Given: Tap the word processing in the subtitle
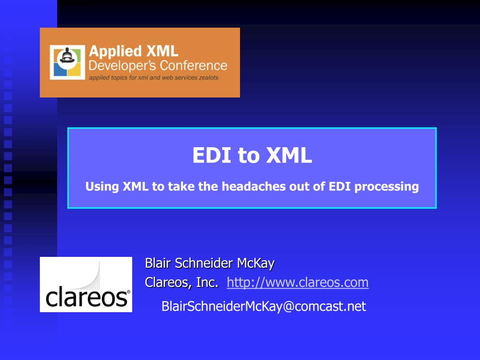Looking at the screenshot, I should coord(386,187).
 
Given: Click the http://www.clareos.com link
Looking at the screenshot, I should coord(298,283).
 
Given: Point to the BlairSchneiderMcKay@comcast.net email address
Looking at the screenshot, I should coord(263,307).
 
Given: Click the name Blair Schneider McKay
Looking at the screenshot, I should coord(210,263).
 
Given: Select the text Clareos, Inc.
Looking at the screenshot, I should coord(182,283).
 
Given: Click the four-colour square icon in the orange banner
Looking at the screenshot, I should coord(67,62).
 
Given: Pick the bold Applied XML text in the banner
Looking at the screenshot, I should coord(134,51).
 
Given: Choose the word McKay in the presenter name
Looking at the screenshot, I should coord(255,263).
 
